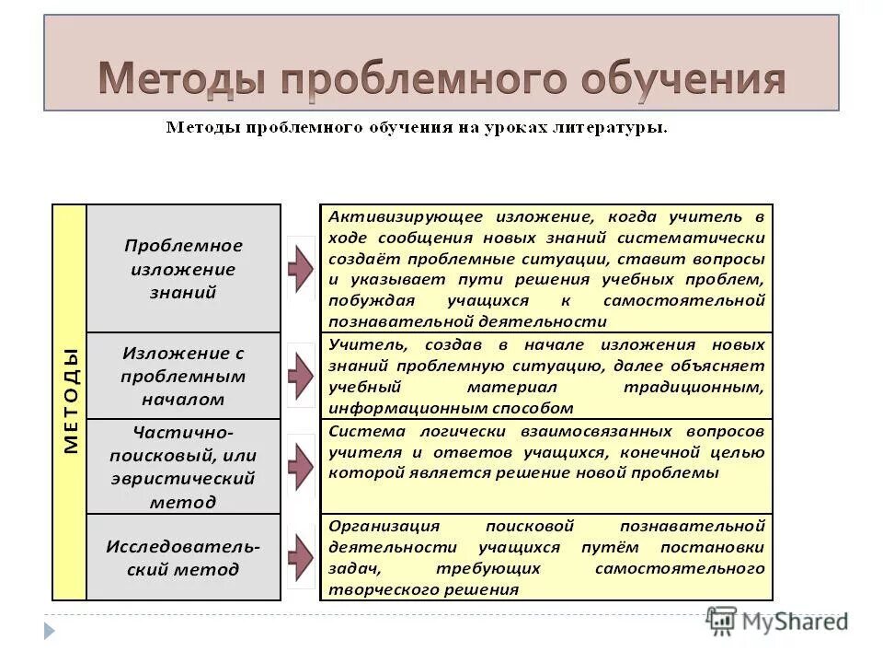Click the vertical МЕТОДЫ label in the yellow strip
(70, 401)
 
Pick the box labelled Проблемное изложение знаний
(183, 269)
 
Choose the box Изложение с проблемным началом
(183, 376)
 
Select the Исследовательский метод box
(183, 557)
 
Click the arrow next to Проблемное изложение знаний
(301, 268)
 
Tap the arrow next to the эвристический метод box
(301, 466)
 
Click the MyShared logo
(777, 622)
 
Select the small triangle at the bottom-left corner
(50, 631)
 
